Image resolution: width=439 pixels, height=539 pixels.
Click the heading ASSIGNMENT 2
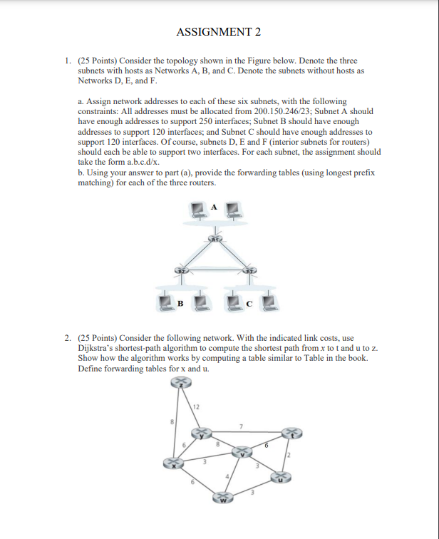click(219, 32)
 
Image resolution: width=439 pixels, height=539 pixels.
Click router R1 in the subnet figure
click(215, 239)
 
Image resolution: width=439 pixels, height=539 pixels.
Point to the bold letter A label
click(213, 206)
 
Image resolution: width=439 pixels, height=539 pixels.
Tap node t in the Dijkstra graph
click(291, 433)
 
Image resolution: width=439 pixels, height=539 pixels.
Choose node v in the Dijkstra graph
click(244, 452)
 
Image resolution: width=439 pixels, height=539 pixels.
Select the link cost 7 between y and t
click(241, 427)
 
